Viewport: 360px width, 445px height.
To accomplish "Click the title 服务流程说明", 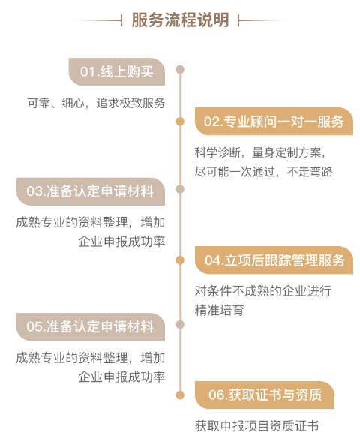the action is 180,20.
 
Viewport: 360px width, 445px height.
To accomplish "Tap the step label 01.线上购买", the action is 116,71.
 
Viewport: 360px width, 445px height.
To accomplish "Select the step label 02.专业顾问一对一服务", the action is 274,122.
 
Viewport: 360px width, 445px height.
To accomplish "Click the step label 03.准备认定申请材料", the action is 90,191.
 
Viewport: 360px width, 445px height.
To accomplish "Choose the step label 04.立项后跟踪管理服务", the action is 274,260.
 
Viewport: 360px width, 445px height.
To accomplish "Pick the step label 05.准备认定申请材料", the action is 90,326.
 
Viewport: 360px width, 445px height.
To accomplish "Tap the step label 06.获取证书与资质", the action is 265,395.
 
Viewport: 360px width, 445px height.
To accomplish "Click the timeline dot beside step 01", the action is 180,70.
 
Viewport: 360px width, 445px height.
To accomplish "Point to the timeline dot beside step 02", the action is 180,122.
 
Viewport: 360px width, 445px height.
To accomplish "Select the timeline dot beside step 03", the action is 180,189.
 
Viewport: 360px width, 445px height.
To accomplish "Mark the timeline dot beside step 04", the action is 180,260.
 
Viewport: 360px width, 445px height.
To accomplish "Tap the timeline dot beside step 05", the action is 180,324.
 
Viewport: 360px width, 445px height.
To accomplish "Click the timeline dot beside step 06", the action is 180,395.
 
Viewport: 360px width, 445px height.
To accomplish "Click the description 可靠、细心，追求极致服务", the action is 96,103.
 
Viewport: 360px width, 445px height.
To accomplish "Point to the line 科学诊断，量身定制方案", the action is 260,152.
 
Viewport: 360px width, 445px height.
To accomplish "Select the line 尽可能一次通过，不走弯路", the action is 263,172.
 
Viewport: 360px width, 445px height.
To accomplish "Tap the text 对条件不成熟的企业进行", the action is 263,291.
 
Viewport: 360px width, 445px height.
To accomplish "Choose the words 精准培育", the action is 219,310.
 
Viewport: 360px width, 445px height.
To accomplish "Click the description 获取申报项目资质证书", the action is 256,426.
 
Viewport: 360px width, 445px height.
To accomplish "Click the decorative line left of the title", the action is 100,20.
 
